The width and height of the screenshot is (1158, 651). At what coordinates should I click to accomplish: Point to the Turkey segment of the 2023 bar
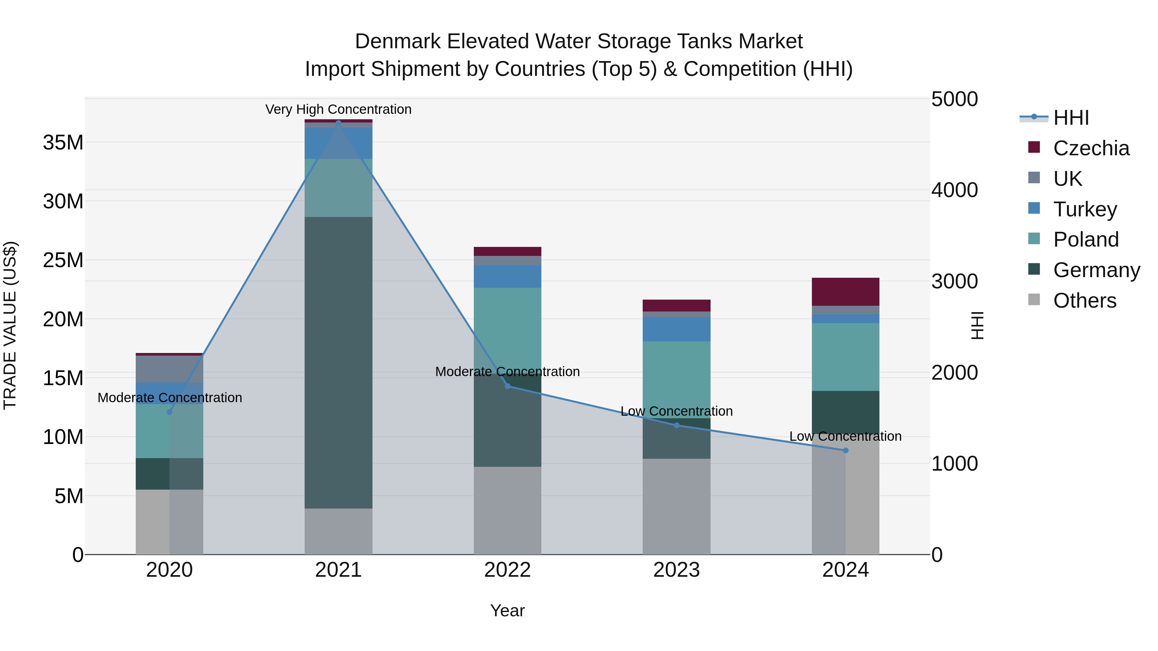tap(676, 329)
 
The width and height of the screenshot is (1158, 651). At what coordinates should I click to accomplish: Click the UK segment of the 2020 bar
tap(170, 369)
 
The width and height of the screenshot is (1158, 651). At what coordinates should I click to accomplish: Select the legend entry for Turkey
tap(1084, 209)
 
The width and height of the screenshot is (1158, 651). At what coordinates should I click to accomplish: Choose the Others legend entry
tap(1084, 301)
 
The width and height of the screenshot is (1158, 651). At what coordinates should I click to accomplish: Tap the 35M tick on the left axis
tap(63, 143)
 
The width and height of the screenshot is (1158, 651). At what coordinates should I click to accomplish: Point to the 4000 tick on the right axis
tap(954, 190)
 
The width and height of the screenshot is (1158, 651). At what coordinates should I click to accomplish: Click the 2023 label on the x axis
tap(676, 570)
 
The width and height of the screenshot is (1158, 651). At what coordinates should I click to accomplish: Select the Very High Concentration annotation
tap(338, 110)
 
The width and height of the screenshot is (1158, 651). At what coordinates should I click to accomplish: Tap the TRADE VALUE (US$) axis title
tap(10, 325)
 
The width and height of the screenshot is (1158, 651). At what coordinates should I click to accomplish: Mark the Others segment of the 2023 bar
tap(676, 506)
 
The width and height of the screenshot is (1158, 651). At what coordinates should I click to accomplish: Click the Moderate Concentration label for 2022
tap(508, 372)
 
